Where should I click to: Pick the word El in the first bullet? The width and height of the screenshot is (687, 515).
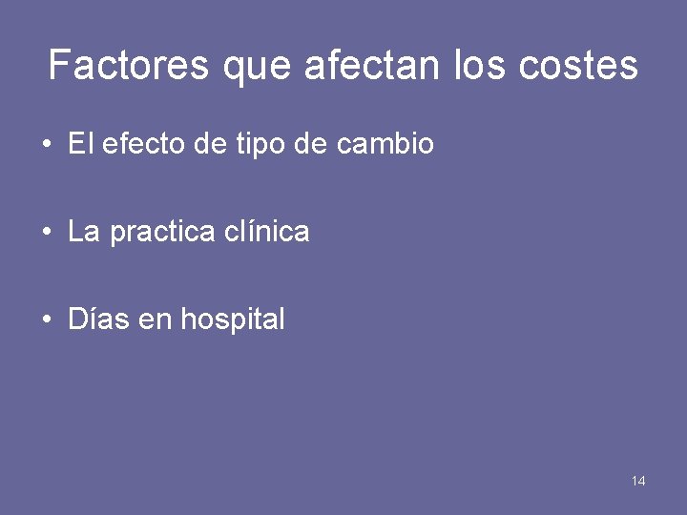[80, 144]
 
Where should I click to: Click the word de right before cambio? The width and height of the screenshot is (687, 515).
[316, 144]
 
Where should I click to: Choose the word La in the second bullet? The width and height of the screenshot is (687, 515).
[84, 232]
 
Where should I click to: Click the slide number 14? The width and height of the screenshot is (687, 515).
[638, 481]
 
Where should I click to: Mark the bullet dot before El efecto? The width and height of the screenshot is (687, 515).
[47, 145]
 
